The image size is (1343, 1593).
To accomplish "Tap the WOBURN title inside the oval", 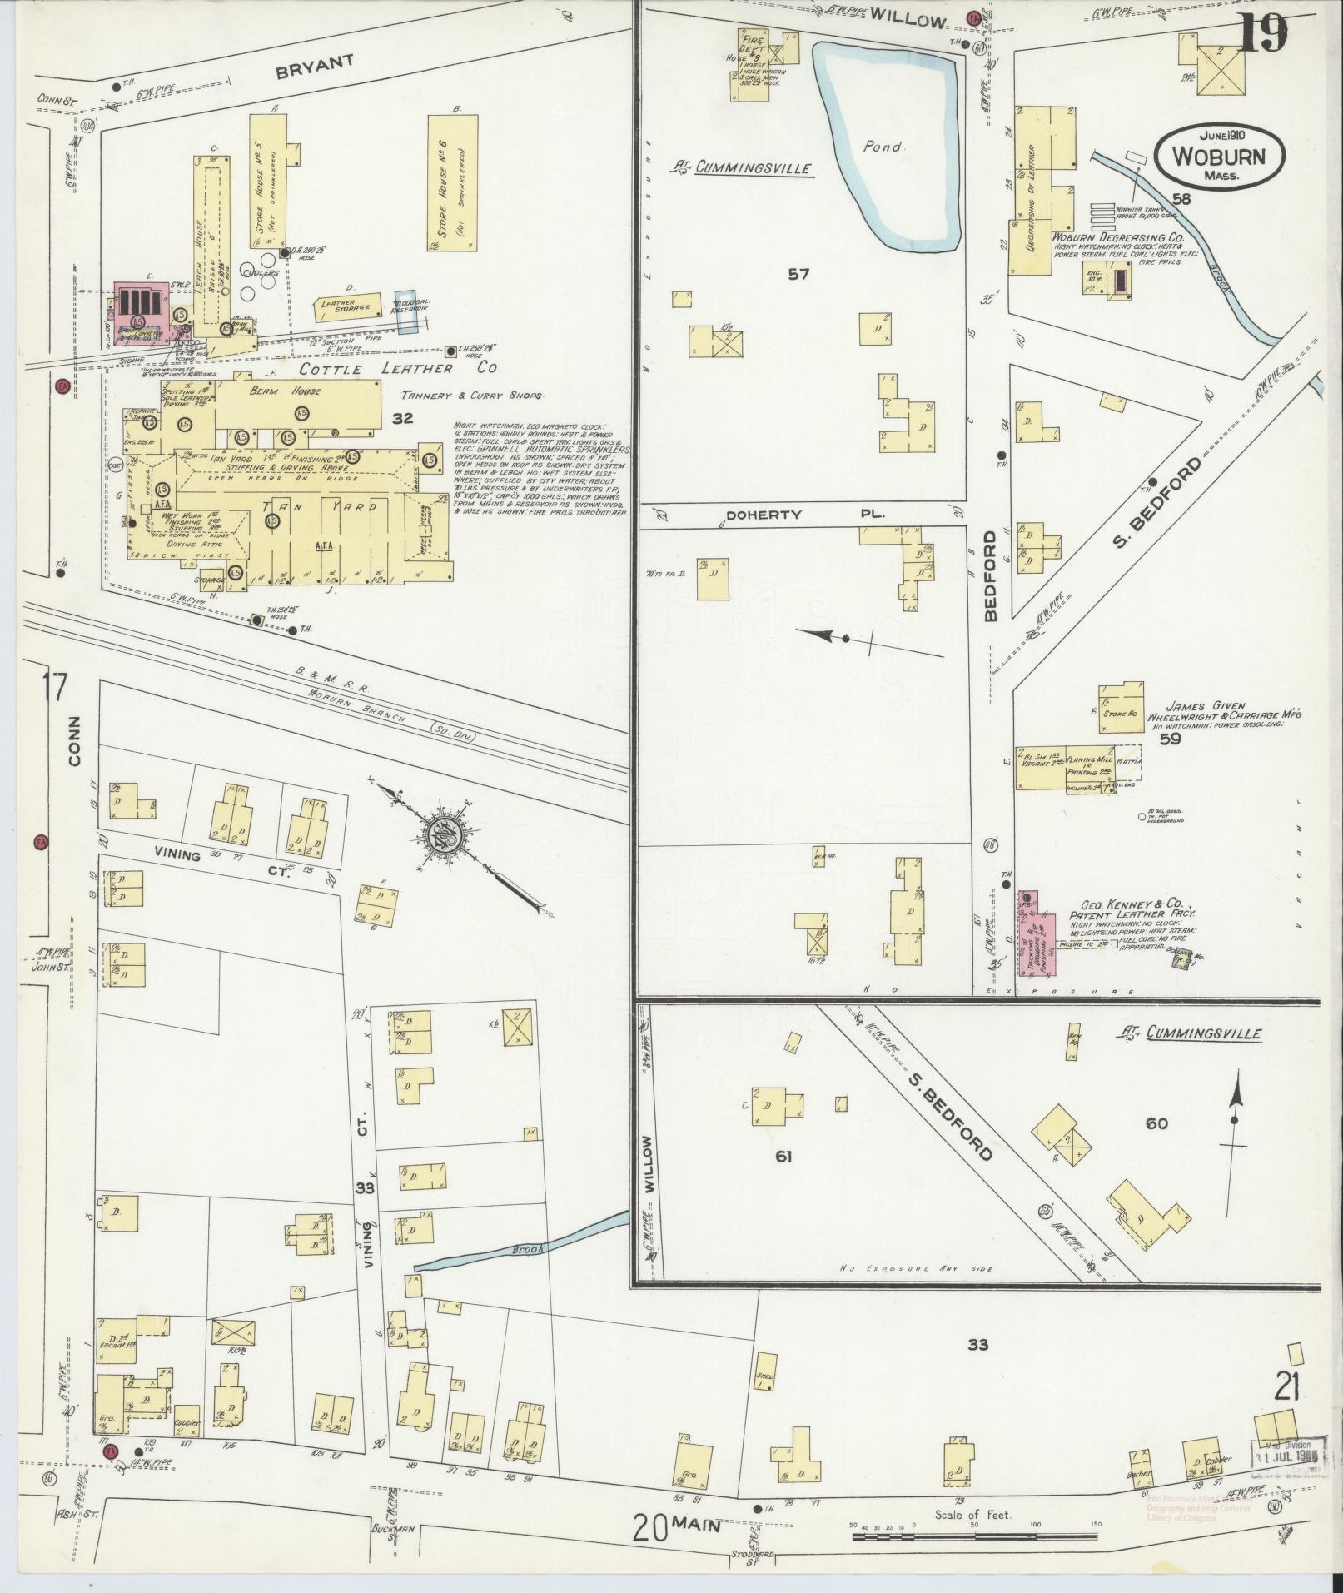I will pos(1219,157).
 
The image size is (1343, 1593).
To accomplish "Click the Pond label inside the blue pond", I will pos(883,147).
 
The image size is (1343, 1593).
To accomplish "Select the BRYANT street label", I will pos(315,66).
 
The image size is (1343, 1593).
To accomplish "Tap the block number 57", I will pos(798,273).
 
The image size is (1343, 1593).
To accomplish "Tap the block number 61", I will pos(783,1156).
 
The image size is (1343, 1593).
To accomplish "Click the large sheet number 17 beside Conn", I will pos(53,688).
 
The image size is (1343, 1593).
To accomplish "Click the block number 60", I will pos(1156,1123).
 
